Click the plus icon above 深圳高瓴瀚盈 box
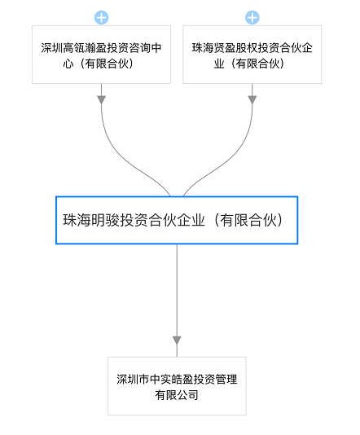[x=101, y=17]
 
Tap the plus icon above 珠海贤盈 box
[x=252, y=17]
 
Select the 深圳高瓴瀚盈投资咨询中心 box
[x=101, y=55]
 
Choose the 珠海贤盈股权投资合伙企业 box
[x=252, y=55]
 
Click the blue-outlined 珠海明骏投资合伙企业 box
[x=177, y=220]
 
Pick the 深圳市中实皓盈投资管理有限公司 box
[x=177, y=386]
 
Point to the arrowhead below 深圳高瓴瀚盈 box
[x=101, y=99]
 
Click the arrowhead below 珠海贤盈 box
[x=252, y=99]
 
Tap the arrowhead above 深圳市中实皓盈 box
[x=177, y=341]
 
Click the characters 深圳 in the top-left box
[x=52, y=48]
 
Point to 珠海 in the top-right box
[x=203, y=48]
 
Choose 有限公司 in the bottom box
[x=177, y=395]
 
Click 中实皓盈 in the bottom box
[x=171, y=380]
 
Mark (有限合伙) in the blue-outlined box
[x=248, y=220]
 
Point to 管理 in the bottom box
[x=226, y=380]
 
